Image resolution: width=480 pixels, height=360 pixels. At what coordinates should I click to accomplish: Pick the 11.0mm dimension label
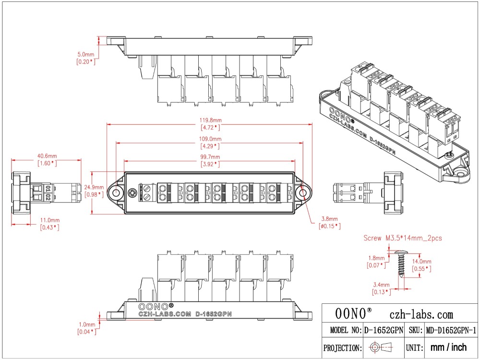point(50,220)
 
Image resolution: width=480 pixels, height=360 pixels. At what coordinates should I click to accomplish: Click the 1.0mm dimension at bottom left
point(86,324)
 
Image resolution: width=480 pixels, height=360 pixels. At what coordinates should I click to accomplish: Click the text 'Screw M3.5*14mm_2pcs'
point(402,238)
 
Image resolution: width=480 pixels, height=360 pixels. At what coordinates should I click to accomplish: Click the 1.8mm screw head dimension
point(376,258)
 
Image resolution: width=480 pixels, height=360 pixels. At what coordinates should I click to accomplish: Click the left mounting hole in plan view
point(117,192)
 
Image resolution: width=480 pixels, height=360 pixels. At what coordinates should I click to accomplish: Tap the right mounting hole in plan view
point(302,192)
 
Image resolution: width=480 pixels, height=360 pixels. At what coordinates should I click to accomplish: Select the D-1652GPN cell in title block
point(383,330)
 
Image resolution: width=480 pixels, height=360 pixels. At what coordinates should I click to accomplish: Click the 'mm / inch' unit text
point(449,347)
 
